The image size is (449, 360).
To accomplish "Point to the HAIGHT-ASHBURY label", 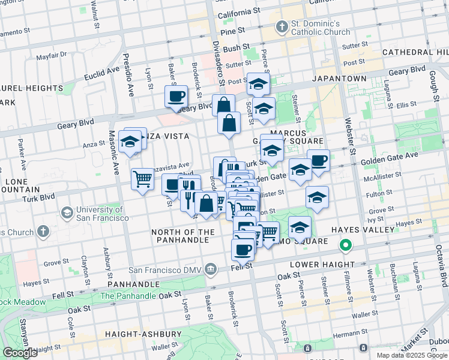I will pos(143,334).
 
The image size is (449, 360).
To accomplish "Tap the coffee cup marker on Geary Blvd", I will pos(176,97).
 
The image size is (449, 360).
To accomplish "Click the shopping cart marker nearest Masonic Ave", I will pos(142,178).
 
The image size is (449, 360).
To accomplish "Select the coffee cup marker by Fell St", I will pos(243,249).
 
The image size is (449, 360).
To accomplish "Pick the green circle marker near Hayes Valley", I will pos(345,245).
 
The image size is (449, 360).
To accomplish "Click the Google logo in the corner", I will pos(20,353).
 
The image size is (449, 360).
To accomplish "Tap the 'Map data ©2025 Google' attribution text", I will pos(412,355).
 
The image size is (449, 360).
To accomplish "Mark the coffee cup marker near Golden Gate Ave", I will pos(318,160).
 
